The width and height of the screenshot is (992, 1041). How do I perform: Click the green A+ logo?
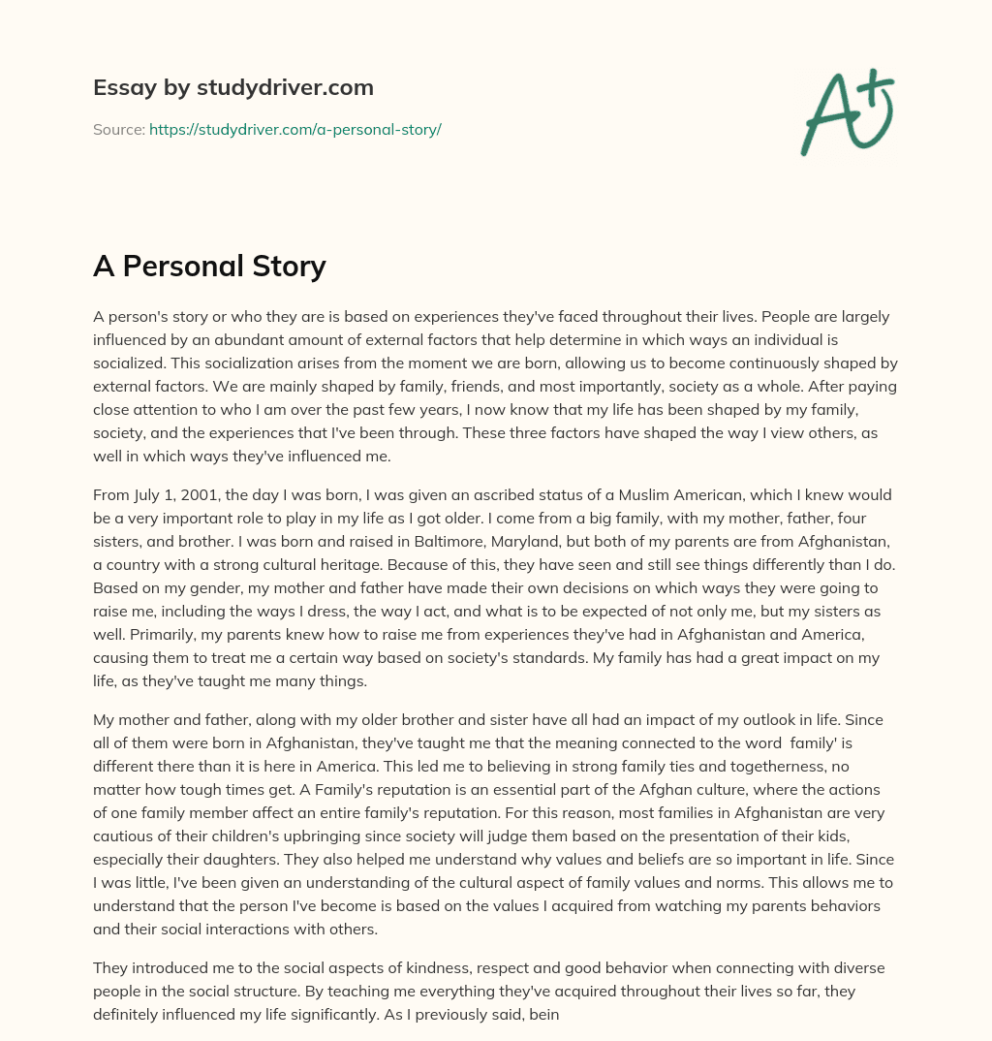[x=846, y=112]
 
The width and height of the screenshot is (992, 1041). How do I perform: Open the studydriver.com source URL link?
[x=295, y=129]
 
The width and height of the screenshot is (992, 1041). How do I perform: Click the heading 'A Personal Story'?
[x=209, y=266]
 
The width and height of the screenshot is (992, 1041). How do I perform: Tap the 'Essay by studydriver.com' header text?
[x=232, y=87]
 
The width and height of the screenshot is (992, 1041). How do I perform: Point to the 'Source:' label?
[x=119, y=129]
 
